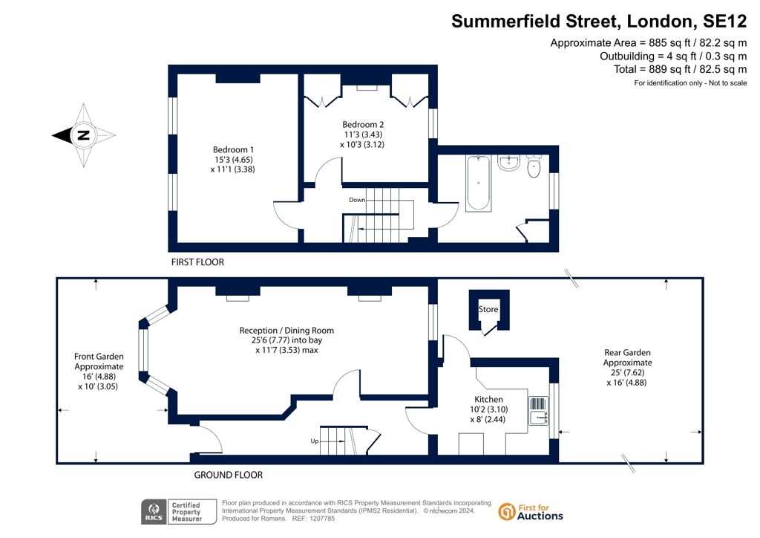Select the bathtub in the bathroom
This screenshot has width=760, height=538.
click(x=479, y=183)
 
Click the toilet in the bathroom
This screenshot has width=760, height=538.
click(x=534, y=166)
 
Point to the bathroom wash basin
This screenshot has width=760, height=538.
click(x=508, y=163)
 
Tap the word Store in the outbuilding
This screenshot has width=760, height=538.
click(x=488, y=309)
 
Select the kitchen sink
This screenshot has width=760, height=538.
click(x=539, y=417)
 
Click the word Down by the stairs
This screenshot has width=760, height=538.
click(x=357, y=200)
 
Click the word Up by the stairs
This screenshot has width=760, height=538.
click(x=315, y=441)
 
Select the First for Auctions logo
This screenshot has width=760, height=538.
click(x=531, y=512)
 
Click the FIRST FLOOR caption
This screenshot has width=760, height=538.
click(x=197, y=262)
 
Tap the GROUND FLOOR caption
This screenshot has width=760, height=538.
click(x=229, y=475)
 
